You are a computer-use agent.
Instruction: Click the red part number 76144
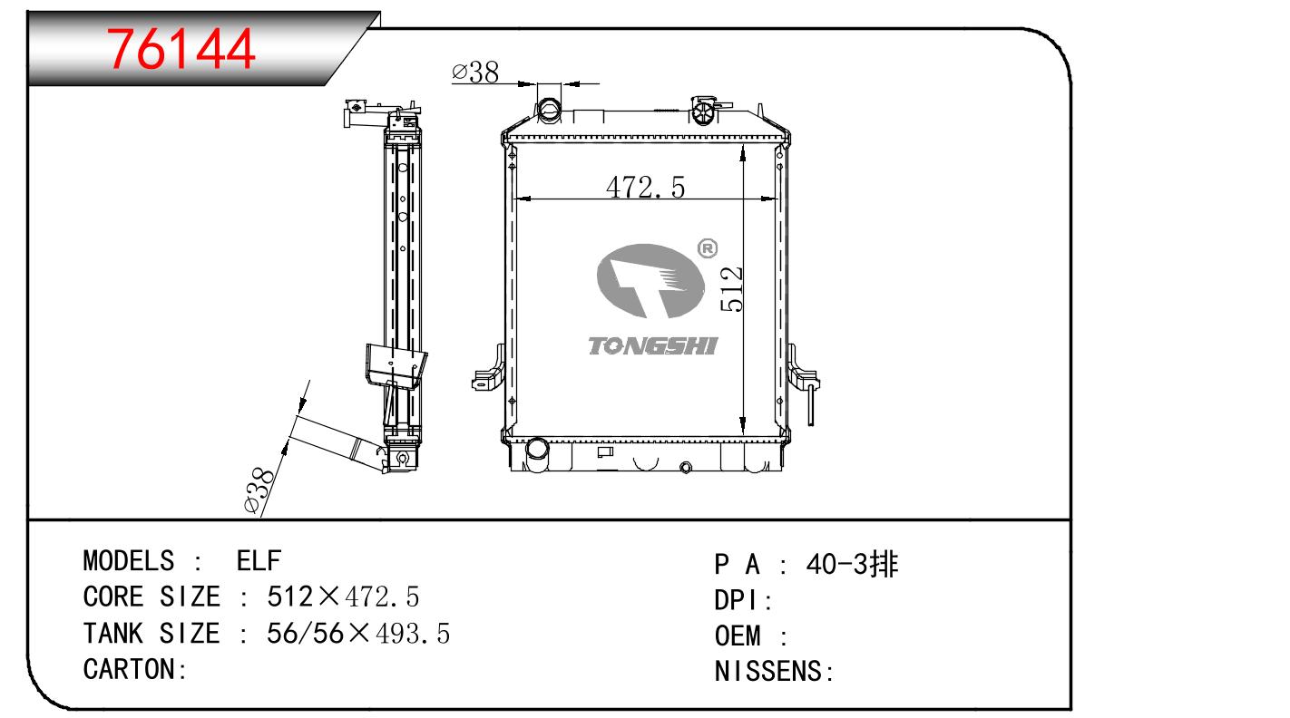(x=181, y=50)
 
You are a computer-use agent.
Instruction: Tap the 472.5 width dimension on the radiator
(x=645, y=188)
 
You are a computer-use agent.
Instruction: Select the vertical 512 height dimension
(x=731, y=289)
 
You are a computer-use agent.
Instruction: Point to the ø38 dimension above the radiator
(x=475, y=73)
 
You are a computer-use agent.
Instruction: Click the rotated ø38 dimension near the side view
(x=259, y=490)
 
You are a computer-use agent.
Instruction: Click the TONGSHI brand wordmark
(x=652, y=346)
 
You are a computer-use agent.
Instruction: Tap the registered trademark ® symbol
(x=708, y=248)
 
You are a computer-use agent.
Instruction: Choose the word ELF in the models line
(x=259, y=561)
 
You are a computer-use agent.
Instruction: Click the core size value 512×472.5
(x=343, y=597)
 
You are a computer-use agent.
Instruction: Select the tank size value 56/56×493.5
(x=358, y=634)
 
